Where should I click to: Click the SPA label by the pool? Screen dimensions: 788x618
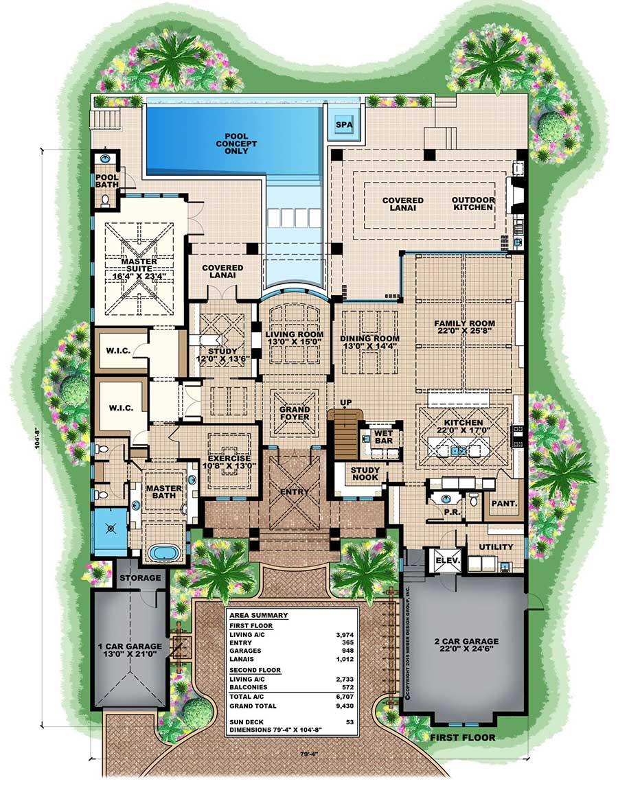point(341,126)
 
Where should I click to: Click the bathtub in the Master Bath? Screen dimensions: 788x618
point(164,553)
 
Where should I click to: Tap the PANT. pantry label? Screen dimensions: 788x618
point(504,503)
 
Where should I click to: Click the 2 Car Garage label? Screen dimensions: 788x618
point(466,646)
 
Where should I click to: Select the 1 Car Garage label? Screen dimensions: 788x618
point(130,651)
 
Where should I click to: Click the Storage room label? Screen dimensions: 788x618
point(140,578)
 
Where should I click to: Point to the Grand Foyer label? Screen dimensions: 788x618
point(294,413)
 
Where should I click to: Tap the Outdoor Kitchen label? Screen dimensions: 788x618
point(472,204)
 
